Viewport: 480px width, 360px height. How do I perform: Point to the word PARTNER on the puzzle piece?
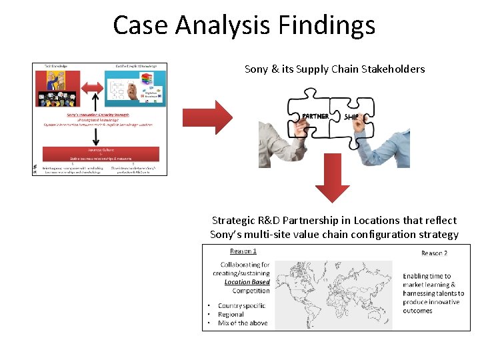315,116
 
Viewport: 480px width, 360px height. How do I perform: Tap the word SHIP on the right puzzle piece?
351,116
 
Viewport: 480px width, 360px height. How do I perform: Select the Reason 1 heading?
243,251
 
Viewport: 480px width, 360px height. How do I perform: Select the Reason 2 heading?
434,253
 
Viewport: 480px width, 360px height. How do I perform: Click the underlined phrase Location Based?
247,282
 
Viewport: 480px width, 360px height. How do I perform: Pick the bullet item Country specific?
241,306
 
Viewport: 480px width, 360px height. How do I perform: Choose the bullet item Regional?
231,315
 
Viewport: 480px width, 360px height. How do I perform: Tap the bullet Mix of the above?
243,323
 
